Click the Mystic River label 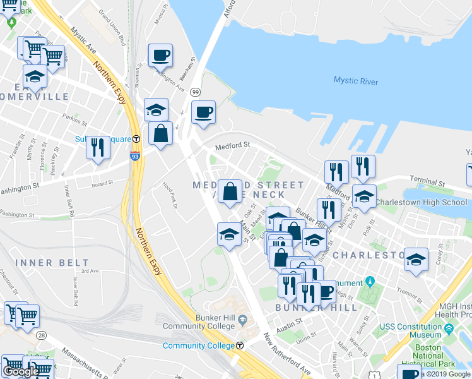355,80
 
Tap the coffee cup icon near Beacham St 160,55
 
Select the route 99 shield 196,92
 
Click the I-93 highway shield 135,156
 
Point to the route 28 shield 41,334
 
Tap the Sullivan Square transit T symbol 136,139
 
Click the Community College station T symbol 240,346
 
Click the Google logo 20,371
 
